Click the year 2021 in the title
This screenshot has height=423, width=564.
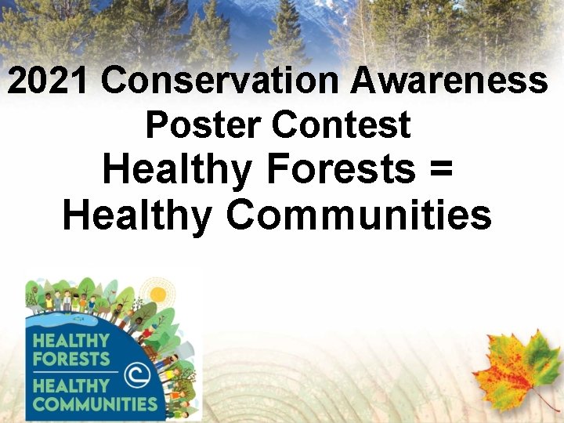49,81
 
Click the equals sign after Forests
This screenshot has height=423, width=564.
440,171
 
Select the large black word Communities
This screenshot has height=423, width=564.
359,215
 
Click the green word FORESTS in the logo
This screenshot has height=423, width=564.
70,359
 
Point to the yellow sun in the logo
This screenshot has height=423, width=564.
158,295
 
